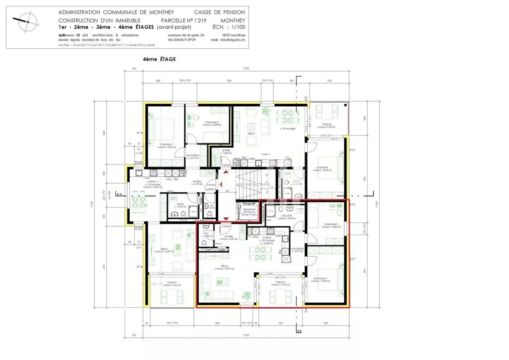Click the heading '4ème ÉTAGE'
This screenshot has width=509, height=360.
pyautogui.click(x=159, y=59)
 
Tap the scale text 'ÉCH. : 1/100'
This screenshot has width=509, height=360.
pyautogui.click(x=228, y=27)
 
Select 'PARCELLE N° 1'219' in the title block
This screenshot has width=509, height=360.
pyautogui.click(x=183, y=21)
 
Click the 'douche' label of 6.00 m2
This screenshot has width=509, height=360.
pyautogui.click(x=287, y=216)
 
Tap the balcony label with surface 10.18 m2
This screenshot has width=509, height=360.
pyautogui.click(x=280, y=282)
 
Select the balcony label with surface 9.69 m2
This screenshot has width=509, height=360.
pyautogui.click(x=327, y=124)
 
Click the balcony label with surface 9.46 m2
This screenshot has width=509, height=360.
pyautogui.click(x=172, y=283)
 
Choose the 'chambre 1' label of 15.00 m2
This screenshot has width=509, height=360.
pyautogui.click(x=166, y=144)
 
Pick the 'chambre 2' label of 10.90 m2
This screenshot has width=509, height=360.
pyautogui.click(x=212, y=122)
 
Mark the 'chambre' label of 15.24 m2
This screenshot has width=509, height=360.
pyautogui.click(x=322, y=168)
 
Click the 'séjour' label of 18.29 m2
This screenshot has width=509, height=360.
pyautogui.click(x=224, y=266)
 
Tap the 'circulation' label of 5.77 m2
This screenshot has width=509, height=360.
pyautogui.click(x=297, y=249)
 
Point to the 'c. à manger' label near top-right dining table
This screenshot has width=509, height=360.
pyautogui.click(x=288, y=129)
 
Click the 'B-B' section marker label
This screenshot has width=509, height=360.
pyautogui.click(x=299, y=331)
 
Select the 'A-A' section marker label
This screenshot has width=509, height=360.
pyautogui.click(x=119, y=194)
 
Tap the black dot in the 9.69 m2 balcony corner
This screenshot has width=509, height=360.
pyautogui.click(x=345, y=105)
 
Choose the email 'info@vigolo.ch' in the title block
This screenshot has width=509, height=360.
pyautogui.click(x=233, y=40)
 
